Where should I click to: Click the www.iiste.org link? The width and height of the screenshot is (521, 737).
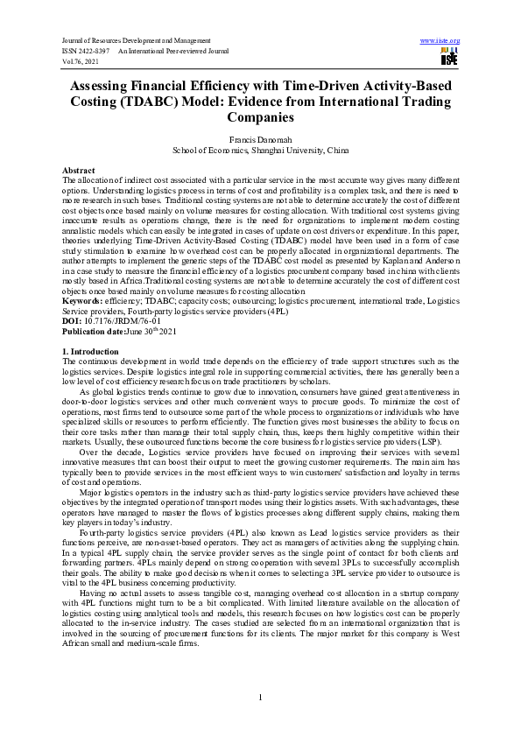(440, 41)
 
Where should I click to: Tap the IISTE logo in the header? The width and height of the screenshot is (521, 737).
(449, 57)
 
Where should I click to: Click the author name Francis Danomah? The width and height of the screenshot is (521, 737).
(260, 138)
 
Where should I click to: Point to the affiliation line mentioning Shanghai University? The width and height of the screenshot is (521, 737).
(260, 150)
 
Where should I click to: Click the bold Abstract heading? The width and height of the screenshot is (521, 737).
(79, 169)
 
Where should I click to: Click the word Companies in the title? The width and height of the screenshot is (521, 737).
(260, 117)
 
